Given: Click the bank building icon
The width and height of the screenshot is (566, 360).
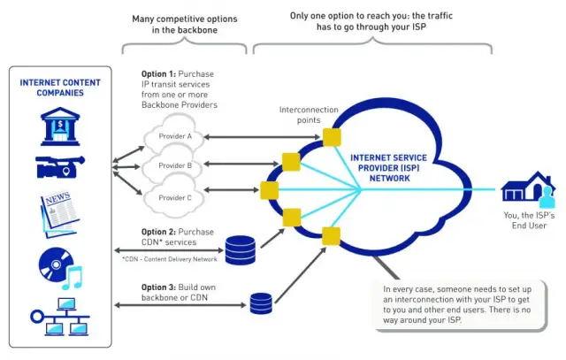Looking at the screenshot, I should pos(58,126).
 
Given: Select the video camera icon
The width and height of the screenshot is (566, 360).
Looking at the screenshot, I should pos(58,167).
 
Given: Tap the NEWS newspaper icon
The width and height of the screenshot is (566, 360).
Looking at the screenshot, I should pos(58,212).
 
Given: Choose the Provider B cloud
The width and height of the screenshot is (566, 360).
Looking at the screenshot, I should pos(175,165).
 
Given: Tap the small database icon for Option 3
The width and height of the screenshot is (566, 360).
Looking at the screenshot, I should pos(261,303).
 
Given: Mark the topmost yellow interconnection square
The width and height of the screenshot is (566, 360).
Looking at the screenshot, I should pos(332,136).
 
